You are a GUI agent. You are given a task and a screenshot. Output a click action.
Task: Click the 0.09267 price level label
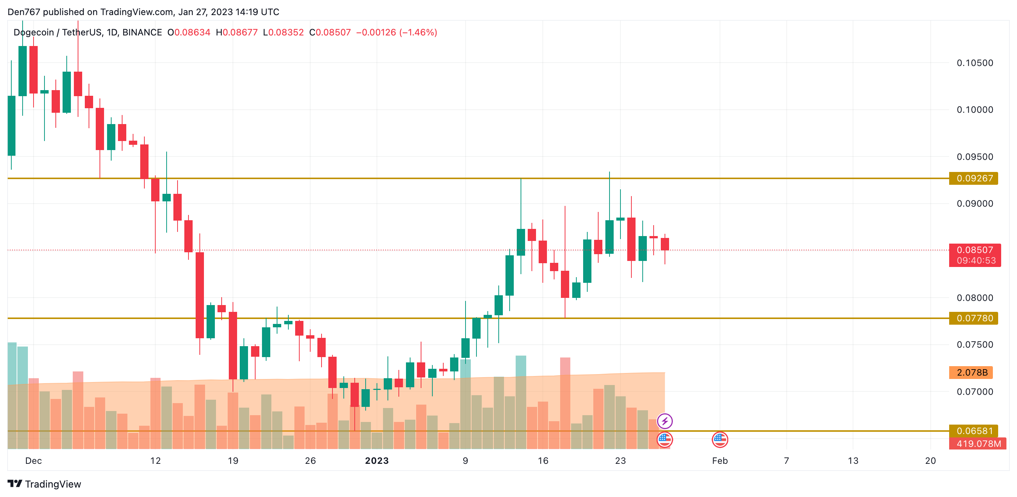coord(974,178)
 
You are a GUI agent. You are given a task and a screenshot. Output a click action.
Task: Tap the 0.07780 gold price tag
coord(974,318)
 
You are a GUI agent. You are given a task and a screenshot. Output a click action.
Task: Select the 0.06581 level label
coord(974,431)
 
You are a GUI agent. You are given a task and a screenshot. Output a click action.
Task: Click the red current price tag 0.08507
coord(974,250)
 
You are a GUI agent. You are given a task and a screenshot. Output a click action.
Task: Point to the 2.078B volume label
coord(971,373)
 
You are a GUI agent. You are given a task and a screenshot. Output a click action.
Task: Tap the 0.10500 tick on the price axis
coord(974,63)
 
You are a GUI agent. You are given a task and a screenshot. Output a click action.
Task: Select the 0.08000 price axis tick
coord(974,298)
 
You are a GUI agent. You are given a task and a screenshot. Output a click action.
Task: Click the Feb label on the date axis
coord(720,461)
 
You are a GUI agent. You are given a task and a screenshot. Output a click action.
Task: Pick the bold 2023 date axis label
coord(377,461)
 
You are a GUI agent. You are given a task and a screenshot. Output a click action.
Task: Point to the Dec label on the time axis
coord(34,461)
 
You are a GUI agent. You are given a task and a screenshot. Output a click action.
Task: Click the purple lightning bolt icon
coord(665,421)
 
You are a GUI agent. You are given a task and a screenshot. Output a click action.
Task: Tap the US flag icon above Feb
coord(720,439)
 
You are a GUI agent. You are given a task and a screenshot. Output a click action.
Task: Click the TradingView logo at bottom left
coord(44,484)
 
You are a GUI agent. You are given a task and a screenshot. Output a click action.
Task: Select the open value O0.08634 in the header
coord(189,32)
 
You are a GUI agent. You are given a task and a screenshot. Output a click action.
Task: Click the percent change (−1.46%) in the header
coord(418,32)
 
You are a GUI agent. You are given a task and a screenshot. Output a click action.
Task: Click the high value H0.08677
coord(236,32)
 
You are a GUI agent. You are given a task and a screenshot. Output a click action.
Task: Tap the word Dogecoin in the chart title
coord(34,32)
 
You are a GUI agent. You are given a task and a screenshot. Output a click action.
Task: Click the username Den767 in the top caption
coord(24,12)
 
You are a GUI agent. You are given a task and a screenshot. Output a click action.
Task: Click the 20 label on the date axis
coord(930,461)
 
